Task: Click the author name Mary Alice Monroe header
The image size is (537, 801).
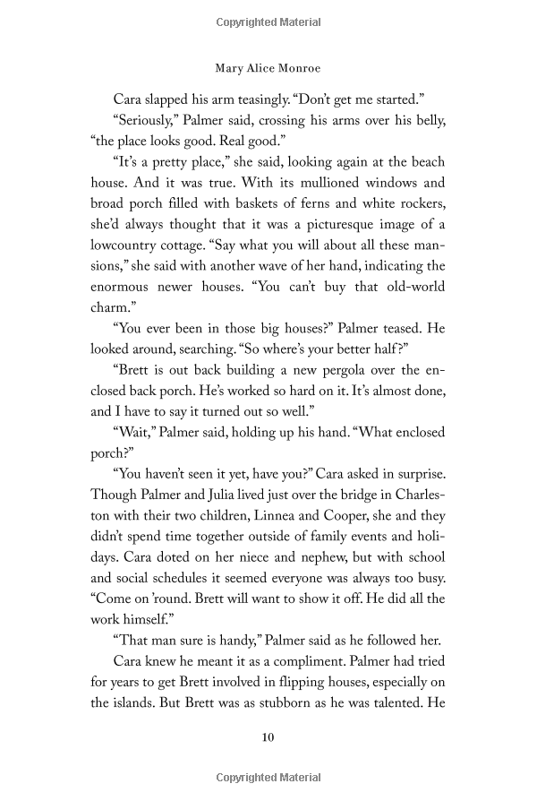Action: click(x=268, y=66)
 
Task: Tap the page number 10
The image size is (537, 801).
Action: click(x=268, y=737)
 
